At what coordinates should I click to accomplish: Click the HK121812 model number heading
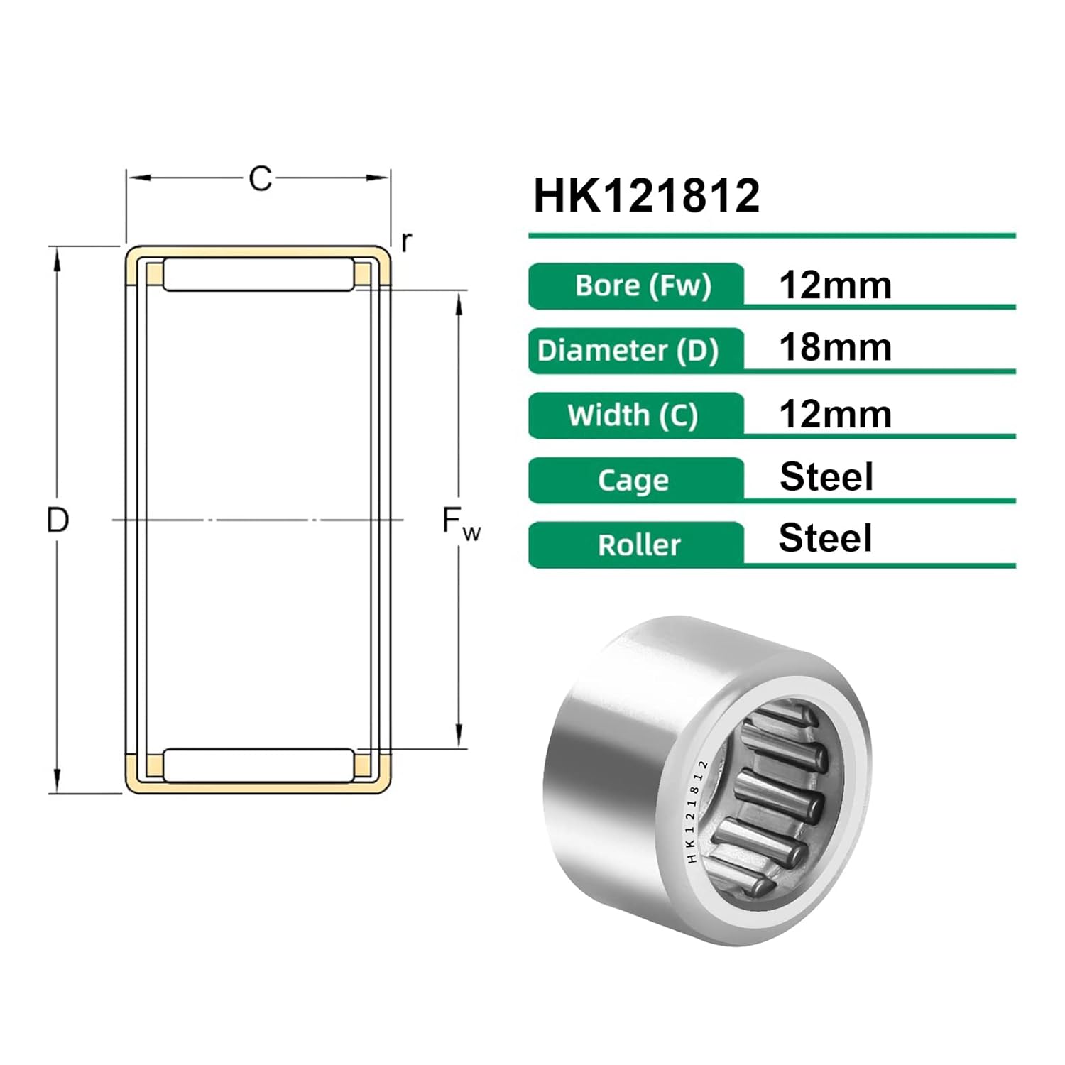click(646, 196)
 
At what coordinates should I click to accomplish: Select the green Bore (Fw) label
click(637, 286)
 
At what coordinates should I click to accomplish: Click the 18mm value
click(835, 348)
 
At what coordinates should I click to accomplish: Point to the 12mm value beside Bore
click(835, 285)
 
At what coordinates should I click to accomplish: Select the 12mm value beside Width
click(835, 415)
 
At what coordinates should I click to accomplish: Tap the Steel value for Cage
click(826, 476)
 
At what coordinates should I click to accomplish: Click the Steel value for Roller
click(825, 538)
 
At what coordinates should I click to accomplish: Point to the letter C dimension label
click(260, 179)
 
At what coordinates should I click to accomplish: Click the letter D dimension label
click(58, 520)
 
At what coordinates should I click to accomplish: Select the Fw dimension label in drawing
click(460, 523)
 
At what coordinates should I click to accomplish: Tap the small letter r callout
click(406, 242)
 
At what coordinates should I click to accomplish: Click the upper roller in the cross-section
click(258, 275)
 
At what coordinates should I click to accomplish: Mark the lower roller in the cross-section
click(258, 765)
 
